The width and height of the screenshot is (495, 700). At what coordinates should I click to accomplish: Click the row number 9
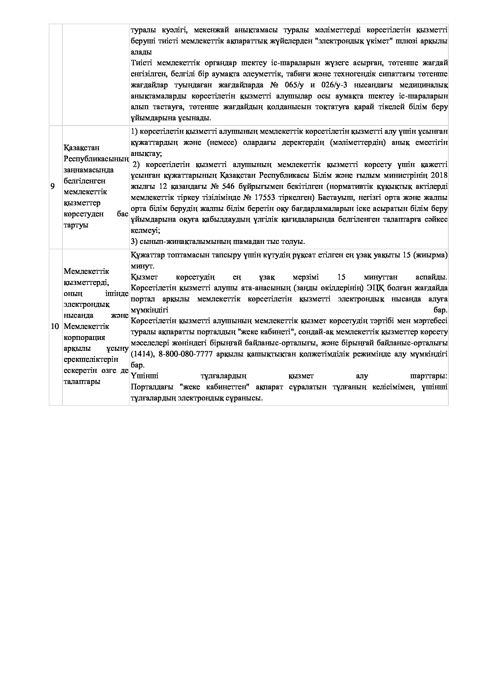[53, 186]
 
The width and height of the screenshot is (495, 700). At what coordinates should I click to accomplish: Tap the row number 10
[55, 327]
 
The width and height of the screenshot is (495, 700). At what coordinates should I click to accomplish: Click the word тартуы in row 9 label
[76, 225]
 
